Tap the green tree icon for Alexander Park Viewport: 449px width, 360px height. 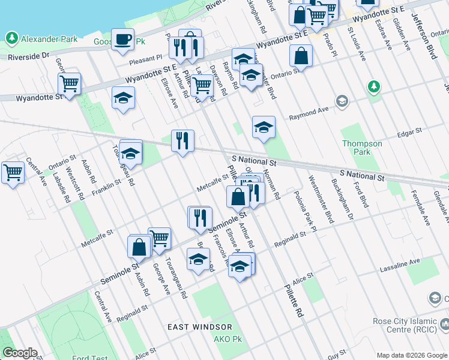(x=11, y=38)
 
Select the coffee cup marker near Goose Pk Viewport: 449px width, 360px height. (x=122, y=39)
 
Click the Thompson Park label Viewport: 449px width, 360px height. (x=362, y=148)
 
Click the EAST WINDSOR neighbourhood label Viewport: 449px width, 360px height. (x=199, y=327)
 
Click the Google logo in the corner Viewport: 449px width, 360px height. (x=19, y=353)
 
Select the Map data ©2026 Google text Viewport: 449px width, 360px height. (x=412, y=355)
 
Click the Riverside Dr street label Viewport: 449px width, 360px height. (x=29, y=56)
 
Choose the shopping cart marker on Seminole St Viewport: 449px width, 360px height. (x=160, y=238)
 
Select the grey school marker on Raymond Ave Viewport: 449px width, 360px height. (x=342, y=100)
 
